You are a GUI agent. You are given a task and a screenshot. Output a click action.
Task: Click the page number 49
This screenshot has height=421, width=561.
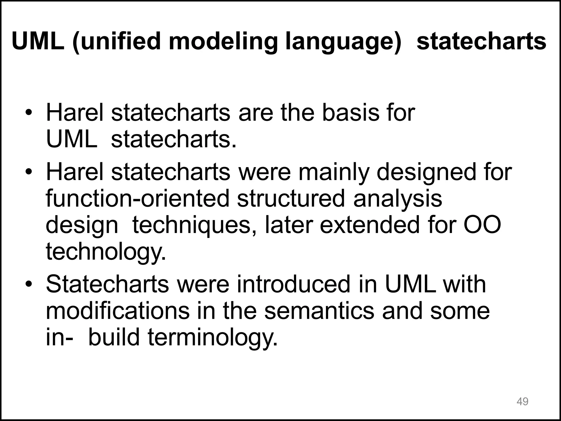click(522, 402)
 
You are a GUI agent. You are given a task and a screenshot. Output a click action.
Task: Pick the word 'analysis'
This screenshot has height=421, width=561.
click(397, 198)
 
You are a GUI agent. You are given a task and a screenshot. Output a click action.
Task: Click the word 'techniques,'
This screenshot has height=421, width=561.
click(195, 225)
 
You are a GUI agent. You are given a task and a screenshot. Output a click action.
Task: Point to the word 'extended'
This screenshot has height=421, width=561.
click(370, 225)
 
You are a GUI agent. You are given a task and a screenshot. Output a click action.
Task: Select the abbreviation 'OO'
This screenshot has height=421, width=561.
click(482, 225)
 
